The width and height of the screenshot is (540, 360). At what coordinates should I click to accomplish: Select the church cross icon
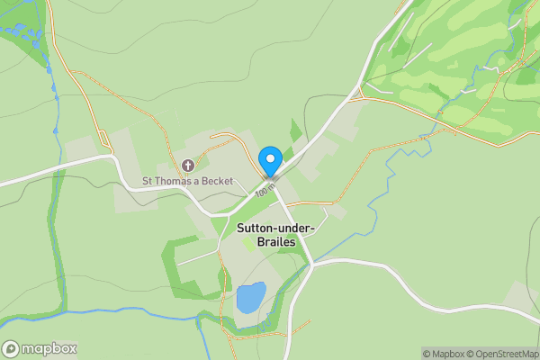point(188,166)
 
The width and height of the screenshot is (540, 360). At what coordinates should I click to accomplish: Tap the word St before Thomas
point(148,181)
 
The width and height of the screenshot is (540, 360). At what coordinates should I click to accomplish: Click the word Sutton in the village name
point(256,229)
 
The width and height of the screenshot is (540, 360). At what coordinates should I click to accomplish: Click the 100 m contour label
point(263,191)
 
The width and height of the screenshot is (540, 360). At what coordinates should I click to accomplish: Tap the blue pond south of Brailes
point(250,297)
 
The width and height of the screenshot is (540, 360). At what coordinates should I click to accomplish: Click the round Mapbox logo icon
point(12,349)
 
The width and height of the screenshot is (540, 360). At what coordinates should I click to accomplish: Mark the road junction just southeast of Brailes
point(312,265)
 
